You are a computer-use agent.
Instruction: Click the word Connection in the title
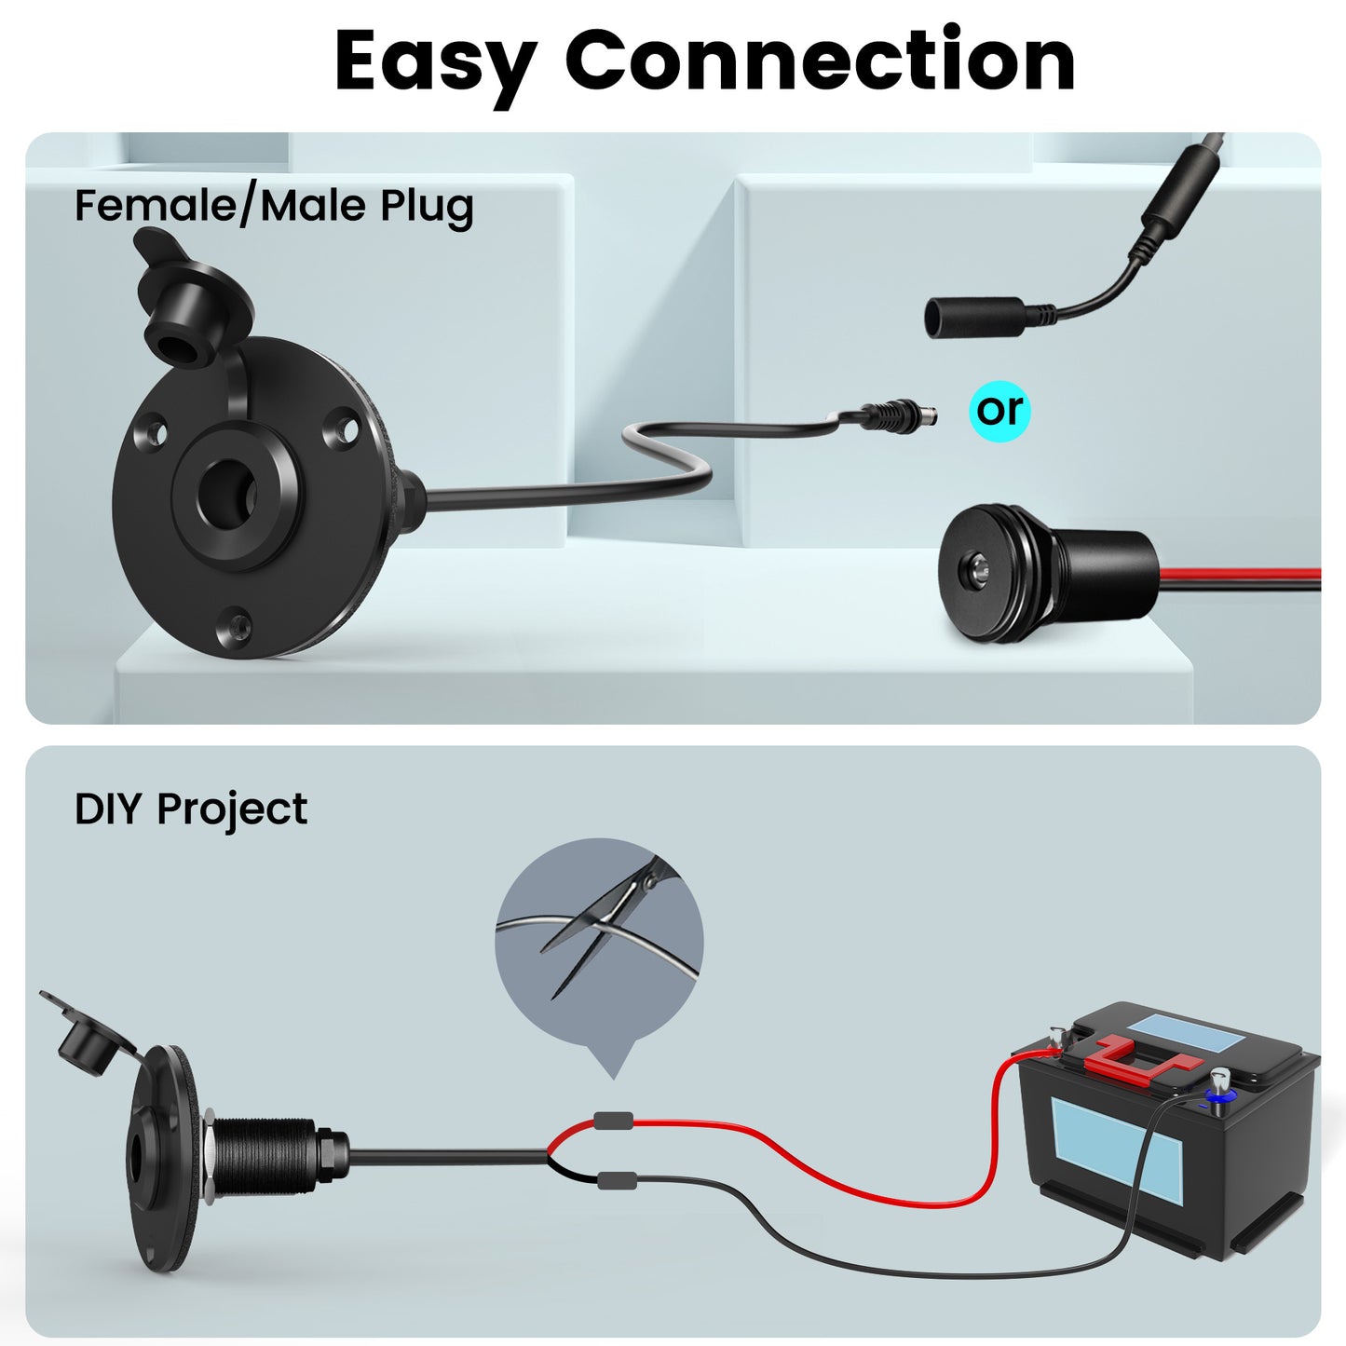tap(820, 61)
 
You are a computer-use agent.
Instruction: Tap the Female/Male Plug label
tap(274, 206)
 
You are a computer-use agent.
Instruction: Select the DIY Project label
tap(190, 809)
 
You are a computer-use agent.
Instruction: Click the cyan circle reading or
tap(999, 410)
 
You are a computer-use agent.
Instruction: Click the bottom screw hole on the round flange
tap(233, 625)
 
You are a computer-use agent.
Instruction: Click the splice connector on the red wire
tap(614, 1122)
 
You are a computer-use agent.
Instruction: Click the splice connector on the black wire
tap(616, 1180)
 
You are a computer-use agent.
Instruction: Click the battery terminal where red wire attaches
tap(1057, 1040)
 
